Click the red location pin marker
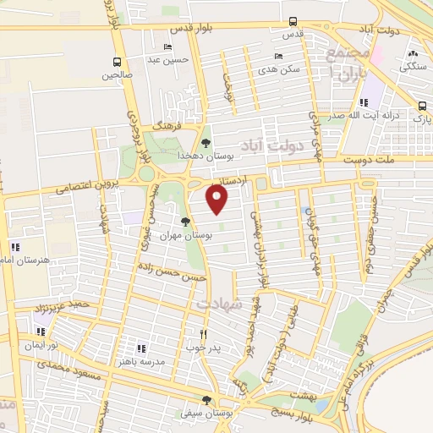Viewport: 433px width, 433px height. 218,200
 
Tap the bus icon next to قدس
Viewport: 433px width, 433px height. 293,21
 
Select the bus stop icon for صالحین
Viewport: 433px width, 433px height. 117,62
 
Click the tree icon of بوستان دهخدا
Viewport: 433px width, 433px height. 207,143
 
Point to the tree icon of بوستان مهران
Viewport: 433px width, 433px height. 197,222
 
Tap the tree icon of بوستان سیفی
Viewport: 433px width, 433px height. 206,401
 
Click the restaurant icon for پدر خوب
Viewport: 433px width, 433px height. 202,333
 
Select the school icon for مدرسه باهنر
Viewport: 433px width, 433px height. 141,348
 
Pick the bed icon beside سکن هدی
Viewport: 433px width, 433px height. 278,56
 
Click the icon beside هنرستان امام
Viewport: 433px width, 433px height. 14,247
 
